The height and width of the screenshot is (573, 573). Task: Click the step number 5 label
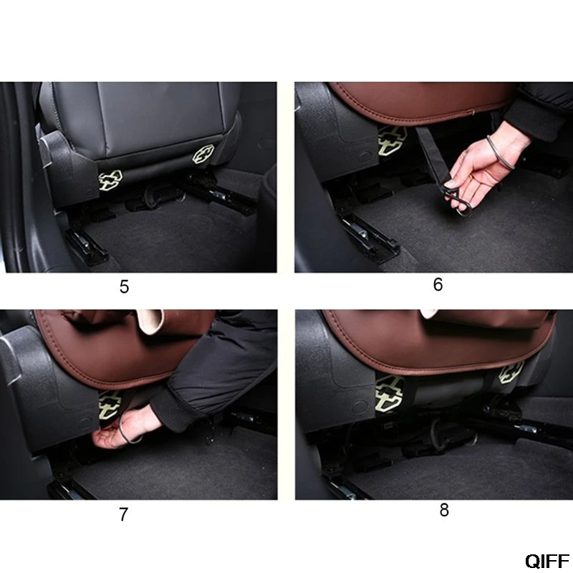click(x=124, y=287)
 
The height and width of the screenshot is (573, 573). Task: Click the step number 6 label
click(x=438, y=284)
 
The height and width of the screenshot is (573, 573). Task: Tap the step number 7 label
click(x=123, y=514)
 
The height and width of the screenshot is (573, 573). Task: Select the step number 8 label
click(x=444, y=510)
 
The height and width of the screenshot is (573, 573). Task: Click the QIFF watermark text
click(x=547, y=561)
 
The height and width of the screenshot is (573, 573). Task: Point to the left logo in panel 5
click(x=110, y=180)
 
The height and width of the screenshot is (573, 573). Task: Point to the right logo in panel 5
click(x=203, y=154)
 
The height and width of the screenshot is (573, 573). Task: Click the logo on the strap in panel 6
click(x=392, y=140)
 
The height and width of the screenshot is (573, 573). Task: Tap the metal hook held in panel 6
click(x=457, y=201)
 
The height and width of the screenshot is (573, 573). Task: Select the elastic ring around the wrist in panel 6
click(x=500, y=152)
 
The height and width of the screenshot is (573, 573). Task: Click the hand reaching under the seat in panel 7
click(x=124, y=428)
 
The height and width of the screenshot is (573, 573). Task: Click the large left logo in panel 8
click(x=390, y=393)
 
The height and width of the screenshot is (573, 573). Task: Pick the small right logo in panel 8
click(x=511, y=372)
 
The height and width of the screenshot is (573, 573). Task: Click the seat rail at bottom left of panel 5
click(x=87, y=244)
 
